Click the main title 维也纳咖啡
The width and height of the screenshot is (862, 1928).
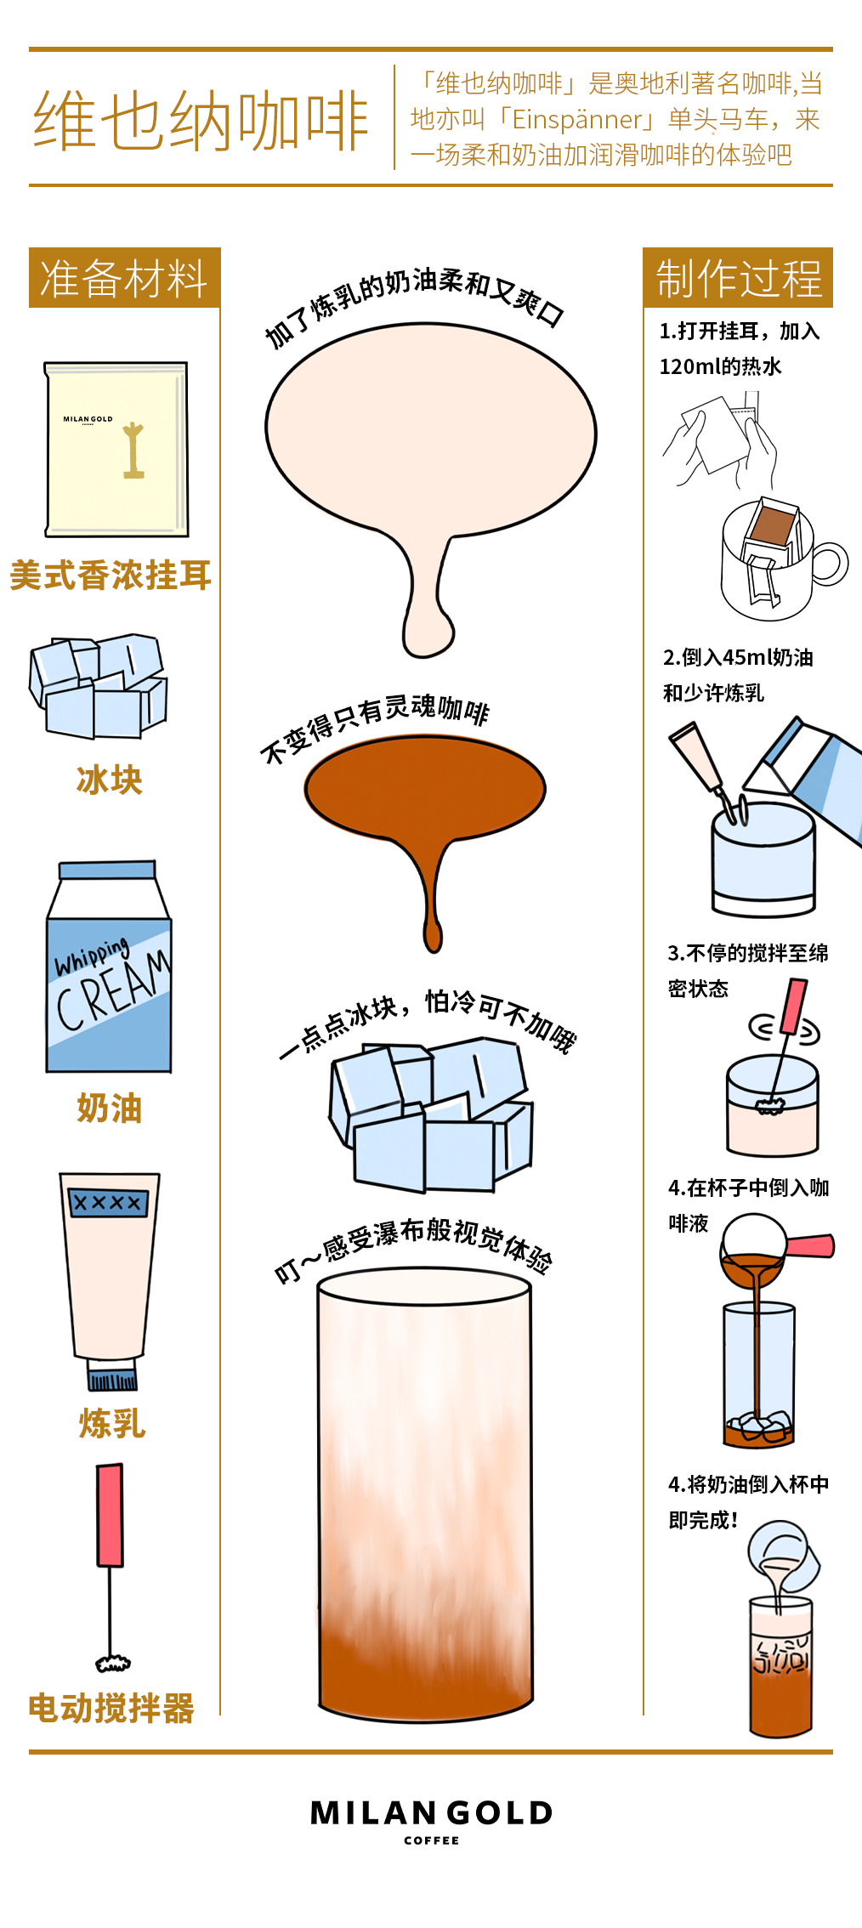tap(201, 121)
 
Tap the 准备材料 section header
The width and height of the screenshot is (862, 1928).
tap(124, 278)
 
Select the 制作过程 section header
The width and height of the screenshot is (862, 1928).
tap(738, 278)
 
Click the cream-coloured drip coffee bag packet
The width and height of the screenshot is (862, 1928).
tap(116, 449)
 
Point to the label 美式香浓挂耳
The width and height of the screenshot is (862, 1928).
tap(111, 576)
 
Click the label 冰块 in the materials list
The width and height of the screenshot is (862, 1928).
tap(110, 780)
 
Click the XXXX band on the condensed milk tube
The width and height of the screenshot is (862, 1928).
tap(108, 1202)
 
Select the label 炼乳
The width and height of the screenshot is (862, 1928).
tap(112, 1423)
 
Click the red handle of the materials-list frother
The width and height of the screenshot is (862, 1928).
tap(110, 1515)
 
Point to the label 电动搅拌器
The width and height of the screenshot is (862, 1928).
tap(111, 1708)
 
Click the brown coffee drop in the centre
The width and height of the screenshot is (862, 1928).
tap(425, 816)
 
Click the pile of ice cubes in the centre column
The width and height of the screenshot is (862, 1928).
tap(431, 1114)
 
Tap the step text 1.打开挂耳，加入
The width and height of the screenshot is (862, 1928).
tap(740, 331)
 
